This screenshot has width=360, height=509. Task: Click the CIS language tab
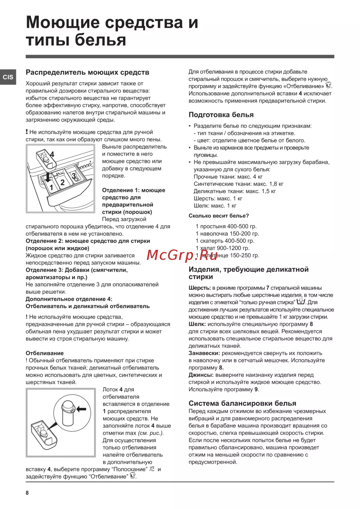[8, 77]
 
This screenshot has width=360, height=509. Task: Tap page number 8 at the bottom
[27, 493]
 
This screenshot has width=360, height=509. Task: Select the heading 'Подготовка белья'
[221, 115]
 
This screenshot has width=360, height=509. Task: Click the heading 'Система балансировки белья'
[242, 403]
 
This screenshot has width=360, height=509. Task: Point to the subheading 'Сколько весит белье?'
[219, 216]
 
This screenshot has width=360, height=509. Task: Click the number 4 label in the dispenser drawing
[52, 154]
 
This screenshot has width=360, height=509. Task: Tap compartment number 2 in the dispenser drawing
[62, 183]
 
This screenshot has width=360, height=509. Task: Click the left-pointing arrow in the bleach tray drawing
[81, 409]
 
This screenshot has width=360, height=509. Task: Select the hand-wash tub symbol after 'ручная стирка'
[301, 302]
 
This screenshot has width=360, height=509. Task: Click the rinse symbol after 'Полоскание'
[152, 469]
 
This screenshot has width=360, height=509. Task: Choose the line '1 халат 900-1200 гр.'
[222, 248]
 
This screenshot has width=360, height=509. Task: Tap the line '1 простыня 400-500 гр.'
[226, 226]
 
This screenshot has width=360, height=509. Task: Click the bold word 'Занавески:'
[204, 353]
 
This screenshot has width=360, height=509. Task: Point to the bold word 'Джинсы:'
[201, 375]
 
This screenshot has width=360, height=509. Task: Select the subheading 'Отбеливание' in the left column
[45, 353]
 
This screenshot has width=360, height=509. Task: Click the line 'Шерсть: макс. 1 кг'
[218, 198]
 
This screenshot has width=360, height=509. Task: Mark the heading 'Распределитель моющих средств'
[87, 72]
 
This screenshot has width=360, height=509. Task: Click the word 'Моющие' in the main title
[63, 22]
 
